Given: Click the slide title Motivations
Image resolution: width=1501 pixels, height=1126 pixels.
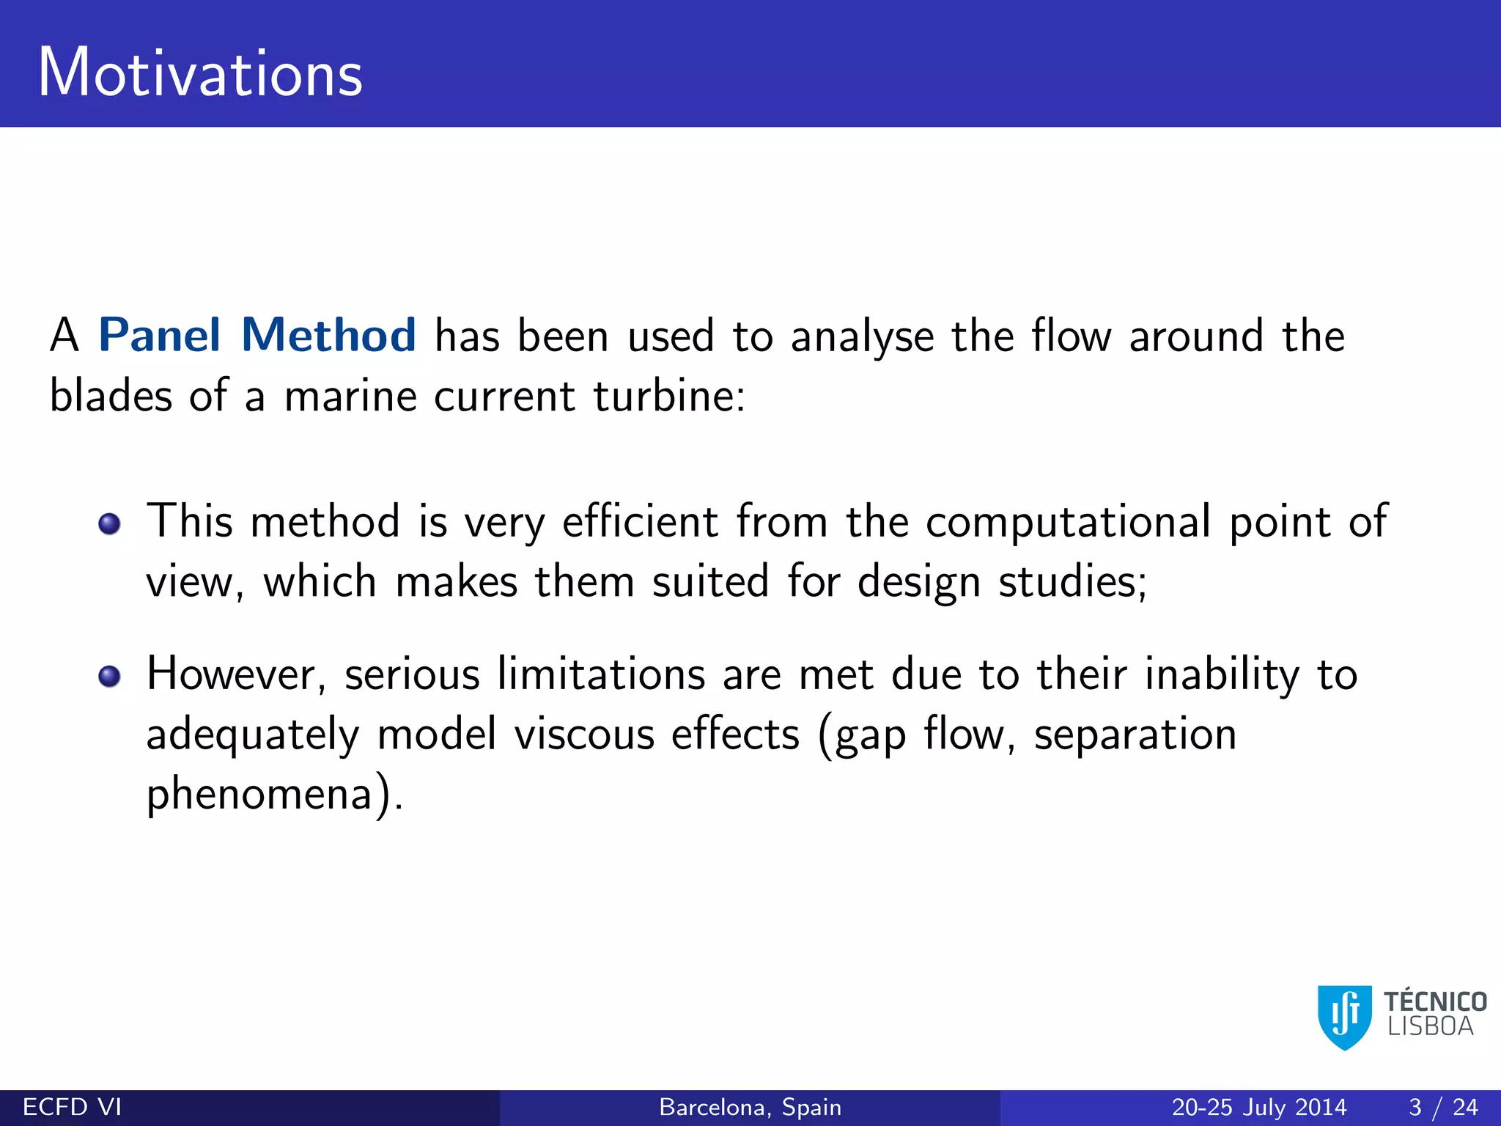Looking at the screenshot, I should point(200,73).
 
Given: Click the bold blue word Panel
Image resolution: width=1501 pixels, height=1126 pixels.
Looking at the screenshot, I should point(159,336).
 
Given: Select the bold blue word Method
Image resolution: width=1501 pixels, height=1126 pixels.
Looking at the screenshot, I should point(328,336).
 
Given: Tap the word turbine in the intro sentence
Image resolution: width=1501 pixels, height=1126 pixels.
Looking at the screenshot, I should point(668,397).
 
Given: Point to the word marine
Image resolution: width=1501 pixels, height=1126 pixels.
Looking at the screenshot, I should point(350,397).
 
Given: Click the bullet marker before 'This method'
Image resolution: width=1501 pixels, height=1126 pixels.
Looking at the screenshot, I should point(110,524).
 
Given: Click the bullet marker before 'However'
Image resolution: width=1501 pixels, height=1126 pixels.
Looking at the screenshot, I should point(110,676).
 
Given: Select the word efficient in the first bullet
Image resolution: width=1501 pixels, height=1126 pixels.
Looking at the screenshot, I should point(640,522).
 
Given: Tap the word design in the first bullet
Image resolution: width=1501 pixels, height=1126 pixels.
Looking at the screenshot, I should point(918,583).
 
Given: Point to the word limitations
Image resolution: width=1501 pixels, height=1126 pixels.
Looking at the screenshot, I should point(601,674).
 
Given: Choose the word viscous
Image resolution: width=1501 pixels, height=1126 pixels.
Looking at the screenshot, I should point(583,735).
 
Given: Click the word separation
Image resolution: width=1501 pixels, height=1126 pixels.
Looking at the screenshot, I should point(1135,735).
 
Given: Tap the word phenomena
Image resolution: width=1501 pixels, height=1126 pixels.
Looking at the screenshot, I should point(260,795).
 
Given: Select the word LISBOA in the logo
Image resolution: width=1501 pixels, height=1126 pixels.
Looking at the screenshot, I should point(1430,1027).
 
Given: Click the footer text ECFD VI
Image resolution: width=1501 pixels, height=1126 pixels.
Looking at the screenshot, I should point(72,1107).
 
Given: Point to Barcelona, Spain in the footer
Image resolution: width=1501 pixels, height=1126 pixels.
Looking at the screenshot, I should point(750,1107).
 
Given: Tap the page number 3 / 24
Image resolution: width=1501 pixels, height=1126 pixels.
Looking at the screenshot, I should point(1442,1107).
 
